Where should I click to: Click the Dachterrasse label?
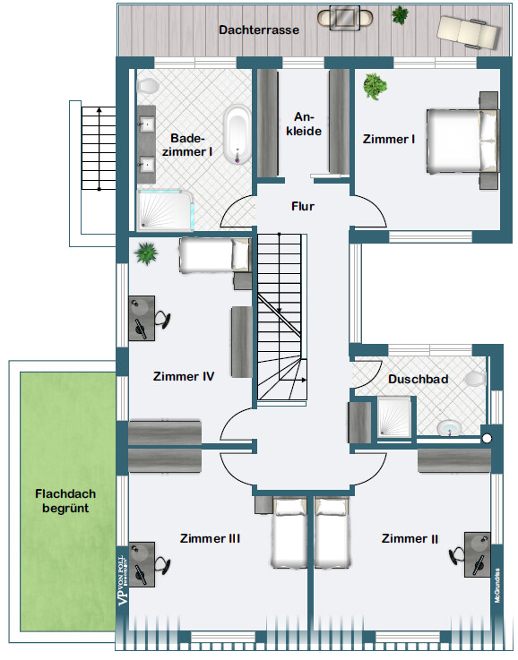258,29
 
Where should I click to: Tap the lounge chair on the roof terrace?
467,31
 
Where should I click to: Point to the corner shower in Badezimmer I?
163,209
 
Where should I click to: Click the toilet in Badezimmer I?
148,86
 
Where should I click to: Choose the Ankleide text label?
306,124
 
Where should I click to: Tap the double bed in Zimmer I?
462,141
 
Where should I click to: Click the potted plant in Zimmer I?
374,87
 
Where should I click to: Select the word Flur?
303,206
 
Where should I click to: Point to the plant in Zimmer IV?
145,253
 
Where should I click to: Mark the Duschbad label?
418,379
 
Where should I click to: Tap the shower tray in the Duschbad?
394,416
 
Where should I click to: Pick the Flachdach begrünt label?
65,501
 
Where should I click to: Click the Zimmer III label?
210,538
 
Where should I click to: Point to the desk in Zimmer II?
477,550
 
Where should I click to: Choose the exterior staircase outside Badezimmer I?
92,147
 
